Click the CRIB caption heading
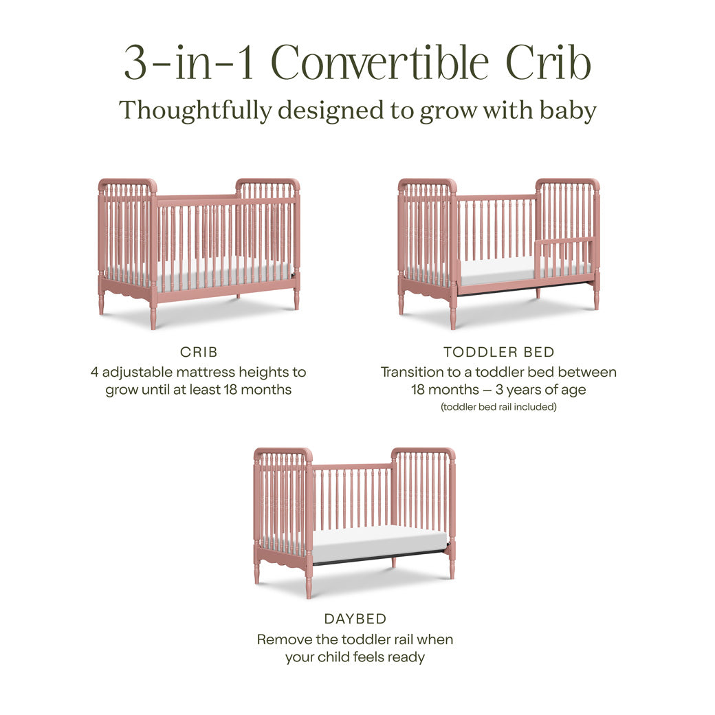click(x=199, y=352)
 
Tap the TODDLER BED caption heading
click(x=498, y=352)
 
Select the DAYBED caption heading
click(x=355, y=619)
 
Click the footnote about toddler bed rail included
click(x=498, y=407)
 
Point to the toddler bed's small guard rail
click(x=566, y=241)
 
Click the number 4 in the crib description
click(x=95, y=372)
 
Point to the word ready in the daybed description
click(x=406, y=657)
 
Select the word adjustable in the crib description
click(x=139, y=372)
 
